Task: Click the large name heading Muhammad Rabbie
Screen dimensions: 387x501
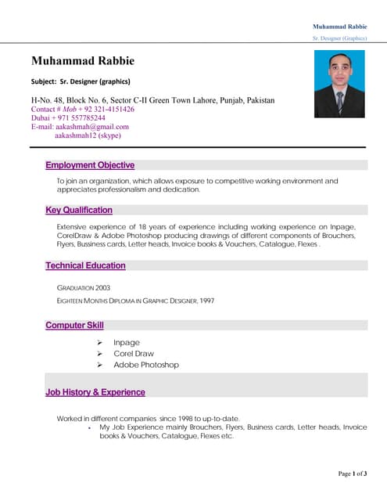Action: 83,61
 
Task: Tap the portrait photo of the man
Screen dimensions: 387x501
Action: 339,85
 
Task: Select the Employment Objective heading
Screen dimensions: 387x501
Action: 90,165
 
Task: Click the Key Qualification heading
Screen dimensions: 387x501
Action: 79,210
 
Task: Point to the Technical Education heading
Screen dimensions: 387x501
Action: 85,265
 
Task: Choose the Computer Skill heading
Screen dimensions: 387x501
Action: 74,325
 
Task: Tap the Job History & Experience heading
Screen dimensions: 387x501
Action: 95,392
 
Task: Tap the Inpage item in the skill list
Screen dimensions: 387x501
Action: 126,342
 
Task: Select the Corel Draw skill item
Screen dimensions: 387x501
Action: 134,353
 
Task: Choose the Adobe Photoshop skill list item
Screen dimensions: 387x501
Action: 146,365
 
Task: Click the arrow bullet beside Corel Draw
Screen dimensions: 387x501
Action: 100,353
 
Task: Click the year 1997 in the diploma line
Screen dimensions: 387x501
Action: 206,301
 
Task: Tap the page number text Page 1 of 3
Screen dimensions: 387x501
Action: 353,474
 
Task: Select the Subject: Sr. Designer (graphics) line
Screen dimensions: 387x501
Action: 81,81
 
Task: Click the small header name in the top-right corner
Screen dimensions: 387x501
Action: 339,27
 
